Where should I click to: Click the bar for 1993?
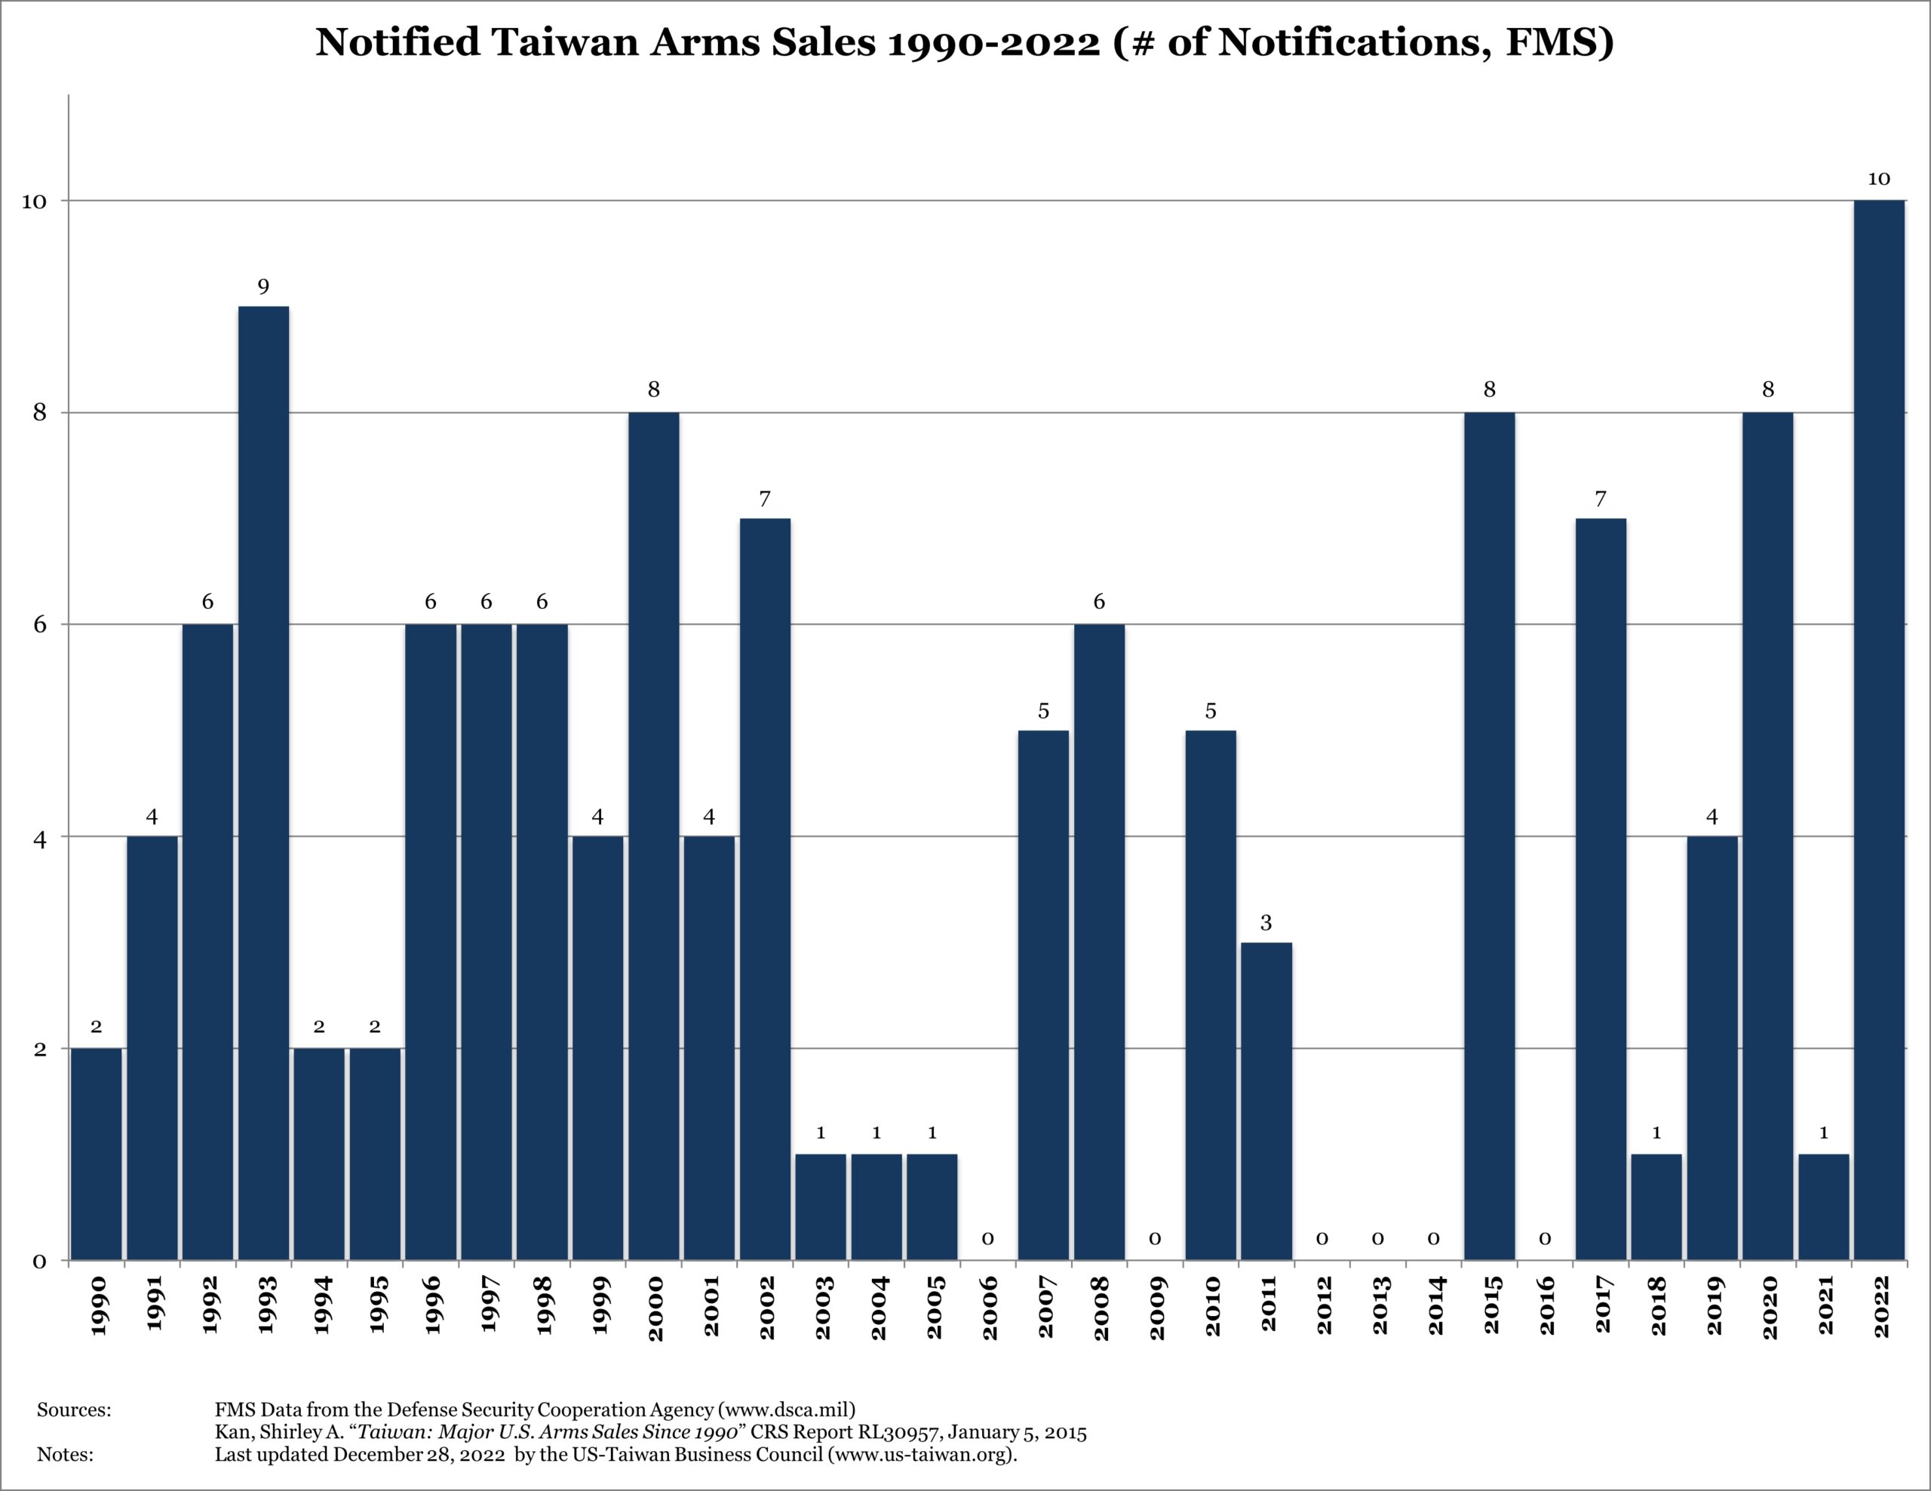[263, 782]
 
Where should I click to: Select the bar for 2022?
[1879, 730]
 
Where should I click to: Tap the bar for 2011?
[1266, 1101]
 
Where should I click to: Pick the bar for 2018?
[1656, 1207]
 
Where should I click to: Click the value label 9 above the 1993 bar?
[263, 287]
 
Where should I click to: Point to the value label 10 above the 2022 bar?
[1879, 180]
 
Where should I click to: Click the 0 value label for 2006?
[987, 1239]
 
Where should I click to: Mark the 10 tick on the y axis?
[34, 201]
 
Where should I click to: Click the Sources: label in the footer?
[74, 1410]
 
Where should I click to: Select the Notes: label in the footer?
[66, 1455]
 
